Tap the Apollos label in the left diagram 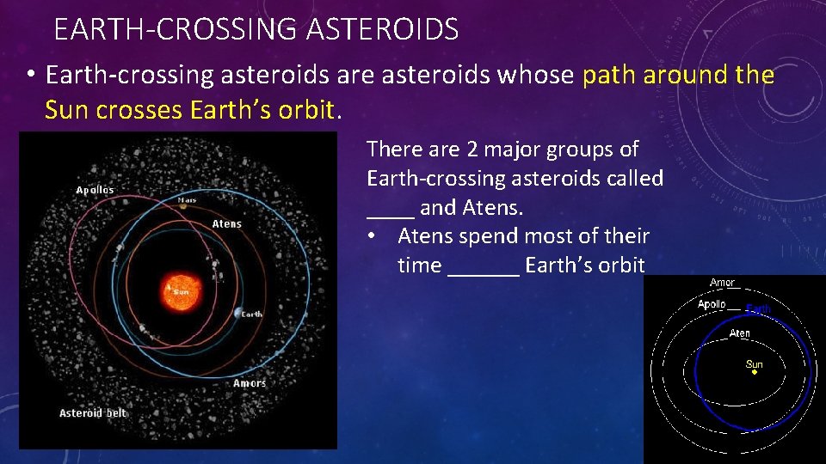pyautogui.click(x=95, y=190)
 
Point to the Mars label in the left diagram pyautogui.click(x=187, y=200)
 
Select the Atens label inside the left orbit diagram pyautogui.click(x=227, y=223)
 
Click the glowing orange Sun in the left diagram pyautogui.click(x=181, y=290)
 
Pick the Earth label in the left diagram pyautogui.click(x=251, y=314)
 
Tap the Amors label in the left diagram pyautogui.click(x=250, y=383)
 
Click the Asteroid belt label pyautogui.click(x=93, y=413)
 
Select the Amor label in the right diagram pyautogui.click(x=722, y=283)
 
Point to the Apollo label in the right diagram pyautogui.click(x=712, y=304)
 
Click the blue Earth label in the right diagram pyautogui.click(x=758, y=308)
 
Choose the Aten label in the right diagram pyautogui.click(x=739, y=333)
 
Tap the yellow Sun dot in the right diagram pyautogui.click(x=754, y=375)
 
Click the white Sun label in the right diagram pyautogui.click(x=754, y=363)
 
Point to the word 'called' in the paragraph pyautogui.click(x=632, y=179)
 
